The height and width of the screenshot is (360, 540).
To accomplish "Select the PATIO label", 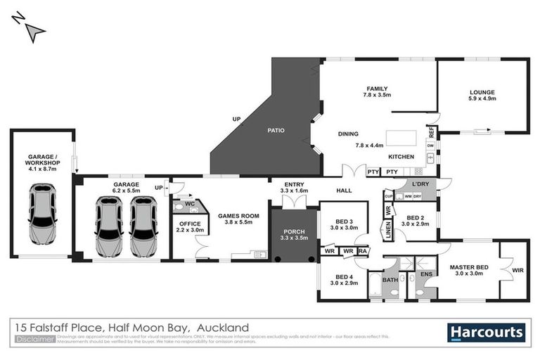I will click(x=274, y=130).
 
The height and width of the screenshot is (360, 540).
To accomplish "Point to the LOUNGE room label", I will click(x=482, y=92).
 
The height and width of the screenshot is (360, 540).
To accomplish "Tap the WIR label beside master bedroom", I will click(x=518, y=270).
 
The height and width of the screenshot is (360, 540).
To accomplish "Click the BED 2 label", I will click(x=416, y=218).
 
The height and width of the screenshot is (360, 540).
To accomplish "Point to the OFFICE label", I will click(x=186, y=224).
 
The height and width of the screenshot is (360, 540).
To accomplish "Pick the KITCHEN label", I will click(x=401, y=157).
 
